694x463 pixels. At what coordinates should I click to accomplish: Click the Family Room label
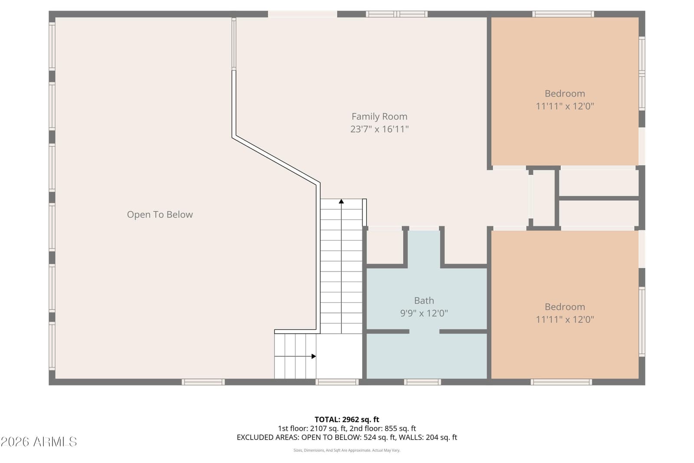(x=379, y=117)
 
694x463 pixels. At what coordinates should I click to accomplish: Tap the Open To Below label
(x=160, y=214)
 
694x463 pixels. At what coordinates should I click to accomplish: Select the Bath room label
(x=424, y=300)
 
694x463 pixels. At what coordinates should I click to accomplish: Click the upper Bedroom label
(x=565, y=93)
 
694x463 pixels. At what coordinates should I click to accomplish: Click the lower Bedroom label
(x=565, y=306)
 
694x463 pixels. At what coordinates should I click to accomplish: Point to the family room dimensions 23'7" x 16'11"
(x=379, y=129)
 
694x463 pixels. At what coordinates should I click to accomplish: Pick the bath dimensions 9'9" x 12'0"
(x=424, y=313)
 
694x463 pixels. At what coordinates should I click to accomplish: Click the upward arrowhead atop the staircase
(x=341, y=201)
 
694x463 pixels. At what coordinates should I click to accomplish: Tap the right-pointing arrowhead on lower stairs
(x=314, y=356)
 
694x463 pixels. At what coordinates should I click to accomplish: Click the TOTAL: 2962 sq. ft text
(x=347, y=419)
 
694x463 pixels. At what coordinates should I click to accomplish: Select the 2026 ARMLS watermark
(x=39, y=442)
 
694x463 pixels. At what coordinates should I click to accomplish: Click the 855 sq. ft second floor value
(x=400, y=428)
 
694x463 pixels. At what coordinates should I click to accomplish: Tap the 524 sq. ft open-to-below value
(x=380, y=437)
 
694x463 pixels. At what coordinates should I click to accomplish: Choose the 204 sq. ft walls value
(x=441, y=437)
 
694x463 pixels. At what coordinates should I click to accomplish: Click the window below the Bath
(x=422, y=382)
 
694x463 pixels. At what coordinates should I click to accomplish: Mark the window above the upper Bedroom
(x=563, y=14)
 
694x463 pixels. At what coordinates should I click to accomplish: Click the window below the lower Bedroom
(x=561, y=382)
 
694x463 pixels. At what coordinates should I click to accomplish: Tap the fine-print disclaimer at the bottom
(x=347, y=450)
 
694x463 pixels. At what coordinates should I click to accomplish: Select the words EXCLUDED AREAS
(x=268, y=437)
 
